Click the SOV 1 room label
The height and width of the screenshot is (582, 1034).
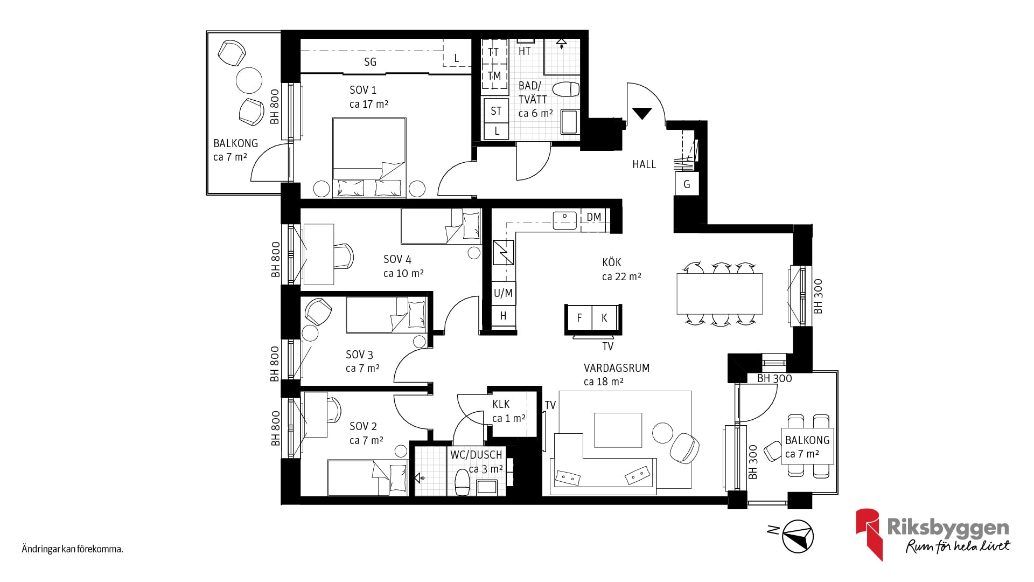coord(363,90)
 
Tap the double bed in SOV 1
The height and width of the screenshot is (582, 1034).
coord(369,157)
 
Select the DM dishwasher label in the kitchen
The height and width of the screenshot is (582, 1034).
coord(593,217)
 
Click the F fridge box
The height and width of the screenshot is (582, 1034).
coord(579,318)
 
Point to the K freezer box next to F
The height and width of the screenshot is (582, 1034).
coord(604,318)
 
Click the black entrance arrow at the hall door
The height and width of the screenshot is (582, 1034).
coord(642,113)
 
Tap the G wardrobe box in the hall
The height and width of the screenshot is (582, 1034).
coord(687,184)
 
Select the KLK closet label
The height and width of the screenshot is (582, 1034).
coord(501,404)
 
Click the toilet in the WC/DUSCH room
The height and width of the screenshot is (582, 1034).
coord(462,482)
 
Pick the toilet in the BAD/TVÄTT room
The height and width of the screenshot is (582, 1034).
coord(566,89)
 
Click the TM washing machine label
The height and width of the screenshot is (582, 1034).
coord(494,76)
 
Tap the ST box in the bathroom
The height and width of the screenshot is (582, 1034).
coord(496,111)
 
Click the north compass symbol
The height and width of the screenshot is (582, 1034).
coord(797,537)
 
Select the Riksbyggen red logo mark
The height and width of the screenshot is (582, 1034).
coord(869,533)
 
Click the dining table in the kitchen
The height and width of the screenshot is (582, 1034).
coord(719,294)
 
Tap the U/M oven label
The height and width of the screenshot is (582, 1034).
coord(503,293)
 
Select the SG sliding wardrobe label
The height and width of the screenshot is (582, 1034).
coord(370,62)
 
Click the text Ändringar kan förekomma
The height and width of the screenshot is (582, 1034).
coord(73,550)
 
